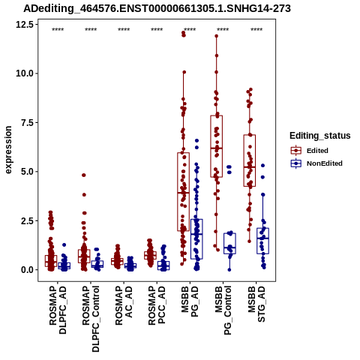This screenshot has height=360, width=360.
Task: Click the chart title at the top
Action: tap(157, 8)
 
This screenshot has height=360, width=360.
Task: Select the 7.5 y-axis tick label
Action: tap(27, 122)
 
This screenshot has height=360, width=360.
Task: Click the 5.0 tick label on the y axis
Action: tap(27, 172)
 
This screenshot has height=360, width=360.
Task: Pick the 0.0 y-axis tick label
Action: tap(27, 270)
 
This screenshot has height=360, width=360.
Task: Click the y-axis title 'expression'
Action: tap(8, 150)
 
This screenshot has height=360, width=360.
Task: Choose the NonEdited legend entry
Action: tap(316, 163)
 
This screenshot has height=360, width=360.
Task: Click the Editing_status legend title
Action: tap(320, 136)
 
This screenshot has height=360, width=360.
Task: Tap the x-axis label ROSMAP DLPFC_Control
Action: tap(91, 319)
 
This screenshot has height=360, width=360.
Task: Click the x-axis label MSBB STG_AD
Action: tap(256, 304)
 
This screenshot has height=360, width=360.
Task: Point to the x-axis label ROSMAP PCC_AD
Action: tap(157, 305)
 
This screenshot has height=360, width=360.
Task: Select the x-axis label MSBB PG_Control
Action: tap(223, 310)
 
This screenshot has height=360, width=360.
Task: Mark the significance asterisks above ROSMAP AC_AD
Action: tap(124, 30)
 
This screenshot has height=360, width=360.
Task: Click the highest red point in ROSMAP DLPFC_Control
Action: tap(84, 175)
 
